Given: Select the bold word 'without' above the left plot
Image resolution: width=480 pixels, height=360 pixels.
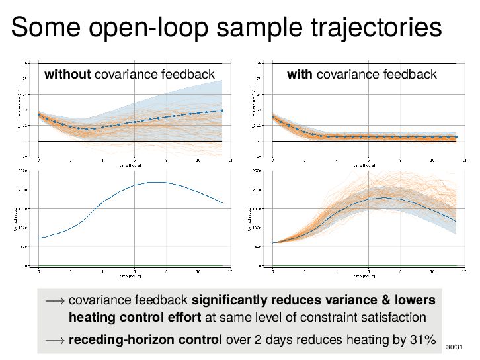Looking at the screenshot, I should tap(67, 74).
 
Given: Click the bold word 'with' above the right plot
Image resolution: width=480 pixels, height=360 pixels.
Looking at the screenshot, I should tap(300, 74).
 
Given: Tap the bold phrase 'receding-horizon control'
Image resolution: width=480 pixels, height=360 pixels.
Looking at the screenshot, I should tap(145, 340).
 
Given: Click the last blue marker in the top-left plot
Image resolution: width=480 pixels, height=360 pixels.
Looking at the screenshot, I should tap(222, 111).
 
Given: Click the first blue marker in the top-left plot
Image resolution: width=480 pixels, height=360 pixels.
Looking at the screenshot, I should tap(39, 115).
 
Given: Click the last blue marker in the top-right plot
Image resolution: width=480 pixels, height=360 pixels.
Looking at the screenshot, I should tap(456, 137).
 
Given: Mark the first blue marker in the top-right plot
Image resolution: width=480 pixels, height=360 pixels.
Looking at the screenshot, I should tap(273, 117).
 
